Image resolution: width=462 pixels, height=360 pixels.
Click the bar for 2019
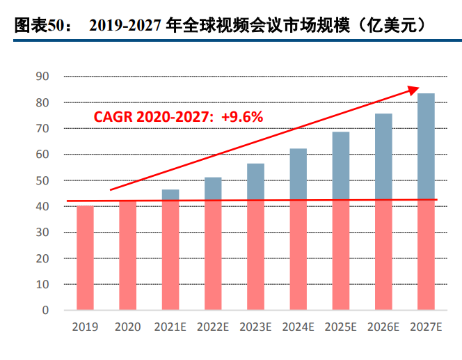(x=85, y=258)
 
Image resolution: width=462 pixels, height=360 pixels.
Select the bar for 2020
(x=127, y=255)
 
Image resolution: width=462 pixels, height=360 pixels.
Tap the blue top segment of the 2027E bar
(x=426, y=146)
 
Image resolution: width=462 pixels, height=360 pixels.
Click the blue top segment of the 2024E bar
(x=298, y=174)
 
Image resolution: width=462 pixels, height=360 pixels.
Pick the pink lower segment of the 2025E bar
(x=341, y=255)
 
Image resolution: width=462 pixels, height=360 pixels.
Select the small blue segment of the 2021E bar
(x=170, y=195)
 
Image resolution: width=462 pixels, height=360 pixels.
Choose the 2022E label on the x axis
(x=213, y=327)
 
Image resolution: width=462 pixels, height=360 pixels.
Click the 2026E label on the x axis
(x=383, y=327)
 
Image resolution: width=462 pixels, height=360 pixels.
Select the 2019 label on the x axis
(x=85, y=327)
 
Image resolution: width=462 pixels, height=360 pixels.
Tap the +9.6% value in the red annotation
(x=241, y=117)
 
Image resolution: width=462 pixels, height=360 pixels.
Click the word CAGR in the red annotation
(x=114, y=117)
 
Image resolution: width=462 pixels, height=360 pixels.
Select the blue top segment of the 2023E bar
(x=255, y=182)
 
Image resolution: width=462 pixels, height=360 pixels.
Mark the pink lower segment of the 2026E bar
(x=383, y=255)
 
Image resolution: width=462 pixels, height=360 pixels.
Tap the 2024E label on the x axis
(x=298, y=327)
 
